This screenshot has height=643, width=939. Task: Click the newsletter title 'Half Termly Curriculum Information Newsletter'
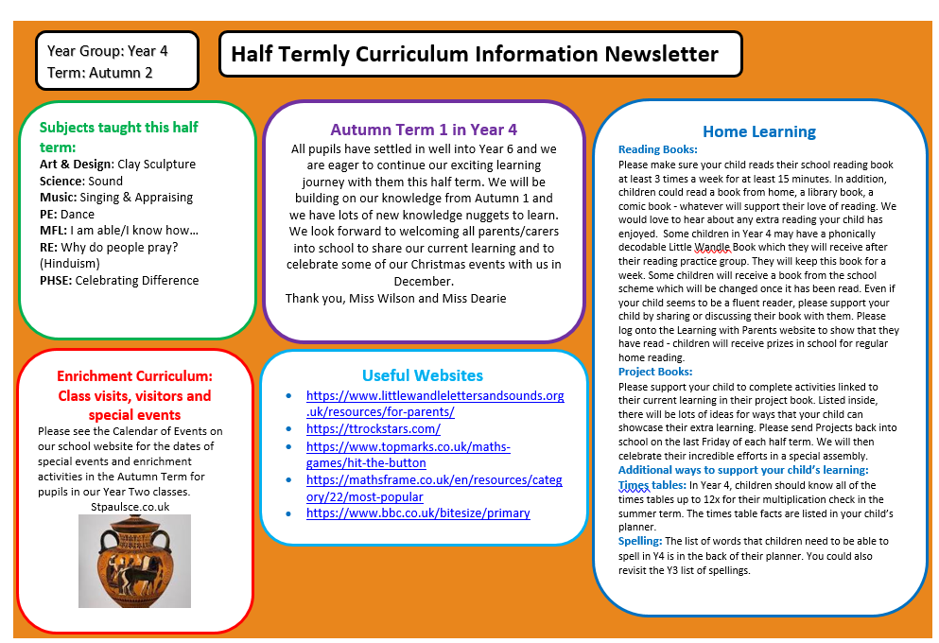tap(474, 54)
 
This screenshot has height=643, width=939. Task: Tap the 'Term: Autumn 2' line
tap(100, 72)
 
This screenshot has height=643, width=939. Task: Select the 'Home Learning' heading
tap(758, 131)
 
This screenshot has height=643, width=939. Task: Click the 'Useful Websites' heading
tap(422, 375)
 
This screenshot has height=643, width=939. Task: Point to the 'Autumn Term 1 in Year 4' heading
tap(424, 130)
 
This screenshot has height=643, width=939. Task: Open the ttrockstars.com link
tap(373, 429)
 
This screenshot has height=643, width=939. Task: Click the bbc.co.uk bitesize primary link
tap(417, 513)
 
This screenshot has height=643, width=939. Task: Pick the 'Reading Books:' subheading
tap(657, 149)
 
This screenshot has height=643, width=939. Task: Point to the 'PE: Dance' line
tap(67, 214)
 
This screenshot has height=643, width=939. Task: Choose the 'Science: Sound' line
tap(80, 181)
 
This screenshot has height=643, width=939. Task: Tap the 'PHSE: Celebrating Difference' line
tap(119, 280)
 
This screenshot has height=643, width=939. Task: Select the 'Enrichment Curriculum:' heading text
tap(134, 375)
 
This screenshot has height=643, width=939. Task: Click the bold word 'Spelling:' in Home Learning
tap(640, 541)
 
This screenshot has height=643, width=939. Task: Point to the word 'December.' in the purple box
tap(423, 282)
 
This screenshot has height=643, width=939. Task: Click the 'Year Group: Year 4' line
tap(107, 51)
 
